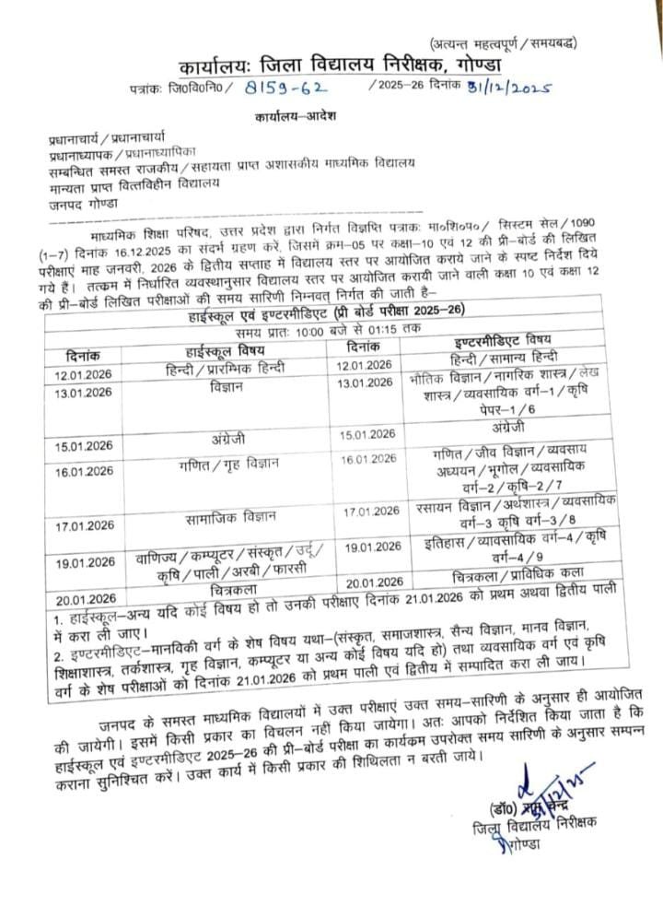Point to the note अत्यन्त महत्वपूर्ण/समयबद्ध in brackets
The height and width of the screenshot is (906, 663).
click(x=509, y=43)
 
